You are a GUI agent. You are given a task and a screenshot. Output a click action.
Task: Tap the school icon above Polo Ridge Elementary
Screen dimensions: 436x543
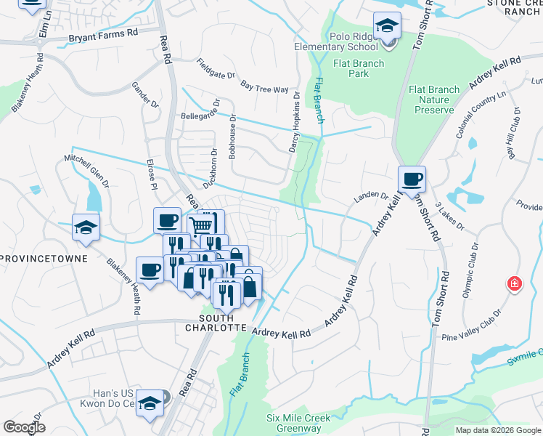click(x=388, y=26)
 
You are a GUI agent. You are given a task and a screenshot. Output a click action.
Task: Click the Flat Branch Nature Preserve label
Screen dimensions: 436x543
click(x=434, y=100)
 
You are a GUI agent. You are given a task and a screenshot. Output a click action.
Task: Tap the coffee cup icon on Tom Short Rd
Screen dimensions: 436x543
click(x=412, y=179)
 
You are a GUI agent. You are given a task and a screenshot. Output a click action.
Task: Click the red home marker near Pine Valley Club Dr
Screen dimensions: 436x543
click(x=514, y=283)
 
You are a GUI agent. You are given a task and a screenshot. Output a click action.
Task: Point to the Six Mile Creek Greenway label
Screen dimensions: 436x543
click(x=298, y=423)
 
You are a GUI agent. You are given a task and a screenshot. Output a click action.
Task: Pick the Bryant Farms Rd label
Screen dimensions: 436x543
click(x=103, y=34)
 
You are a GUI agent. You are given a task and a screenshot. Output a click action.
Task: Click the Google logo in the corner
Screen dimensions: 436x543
click(x=25, y=427)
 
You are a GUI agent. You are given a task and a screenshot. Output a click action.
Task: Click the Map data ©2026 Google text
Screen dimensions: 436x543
click(x=497, y=430)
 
